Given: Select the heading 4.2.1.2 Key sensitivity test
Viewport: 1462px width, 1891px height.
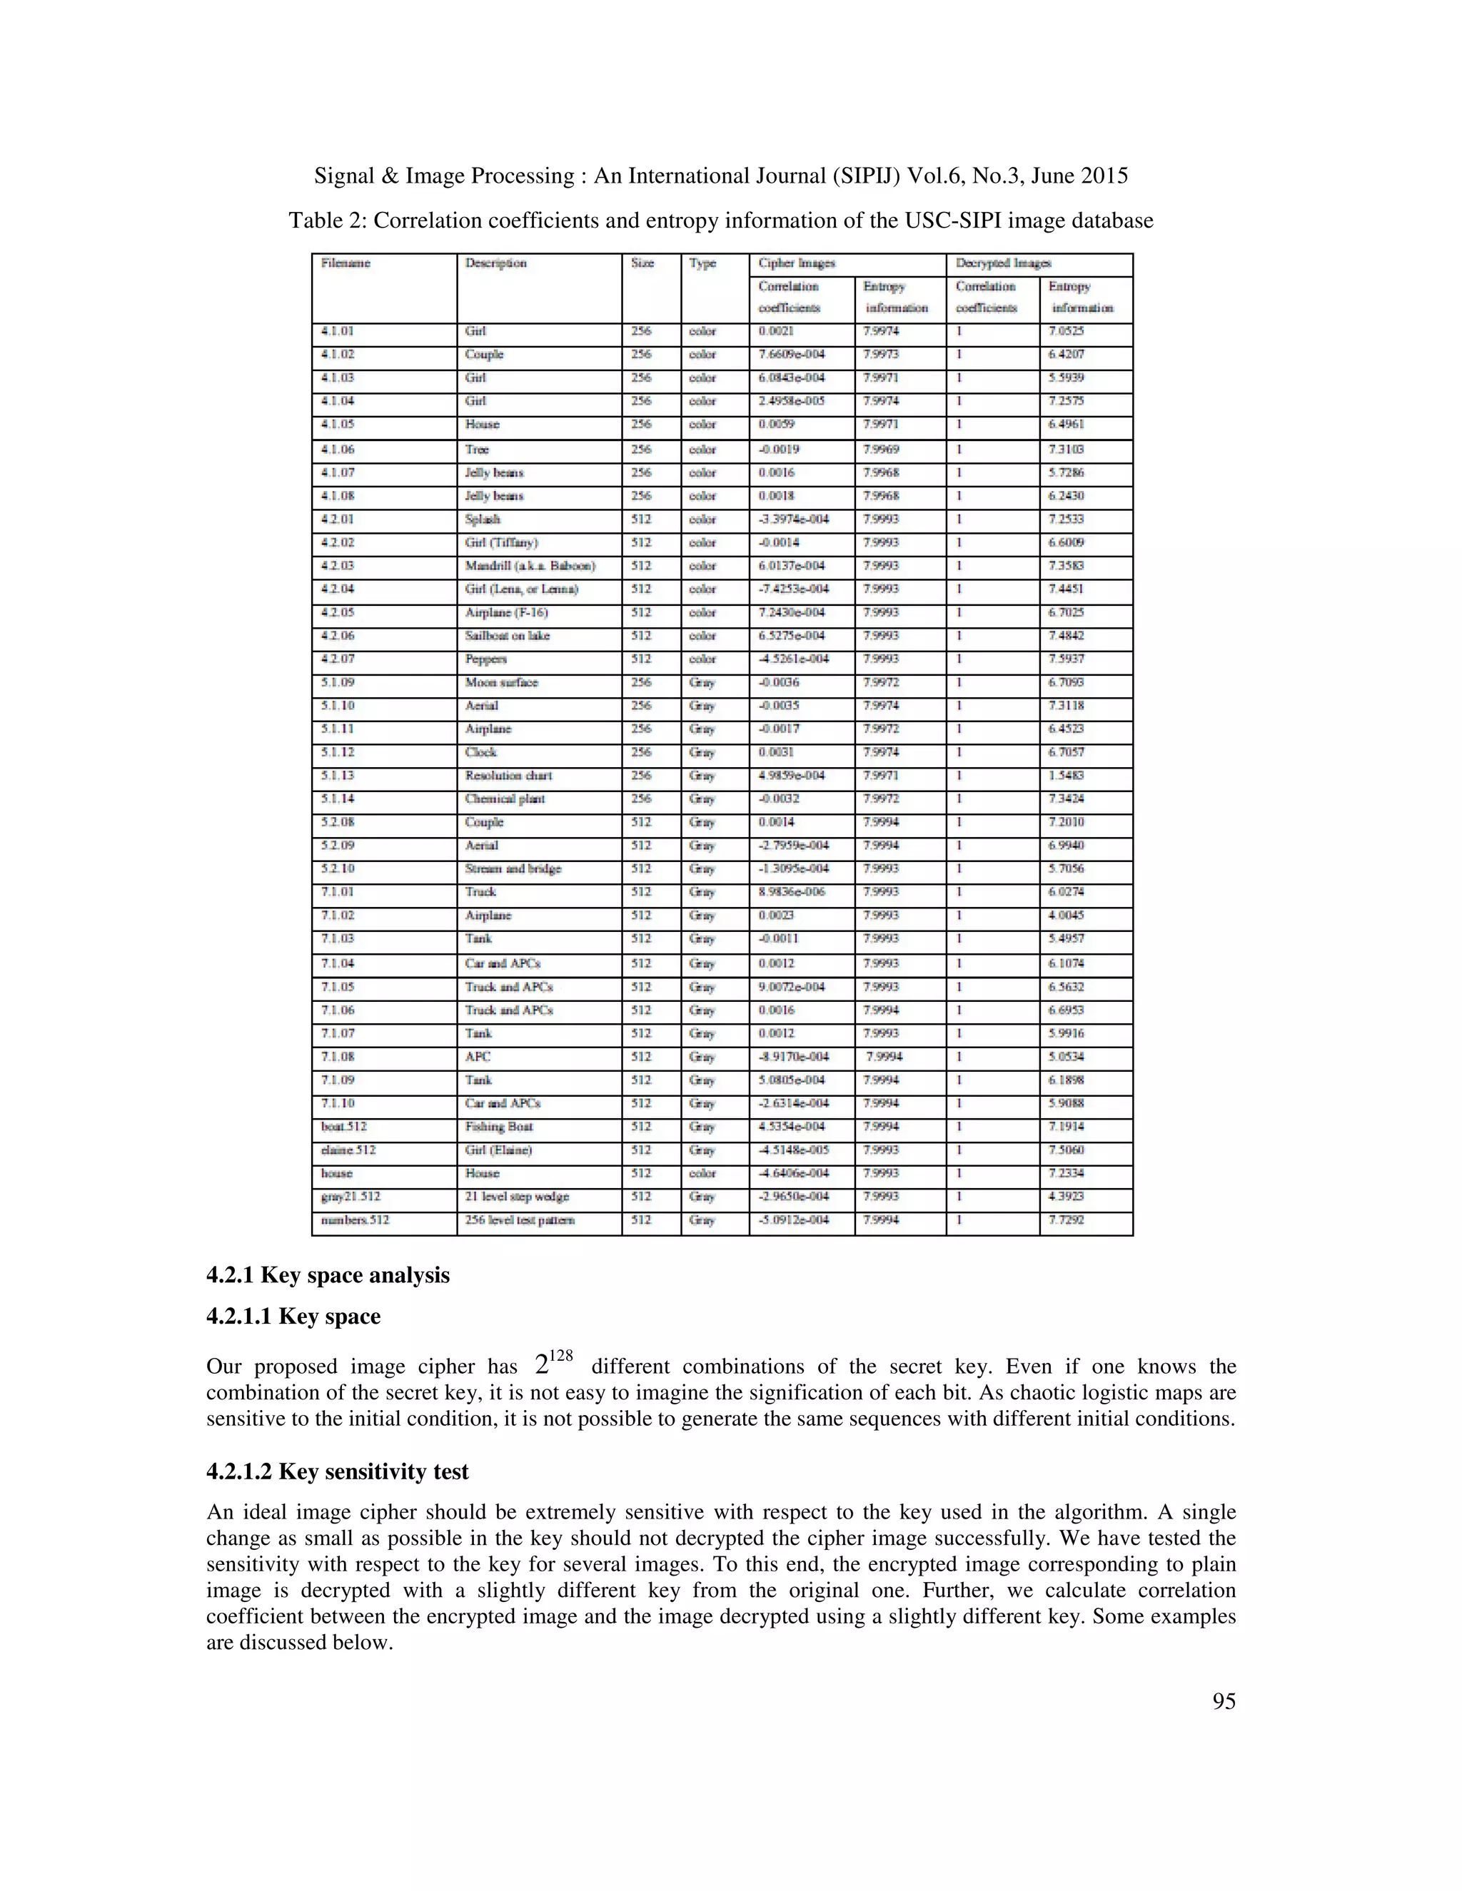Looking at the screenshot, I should [337, 1471].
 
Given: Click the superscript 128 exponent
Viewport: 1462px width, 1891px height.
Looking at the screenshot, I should [561, 1355].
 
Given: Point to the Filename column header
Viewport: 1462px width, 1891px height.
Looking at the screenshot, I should [346, 263].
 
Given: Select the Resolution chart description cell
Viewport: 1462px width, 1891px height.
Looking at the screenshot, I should [508, 776].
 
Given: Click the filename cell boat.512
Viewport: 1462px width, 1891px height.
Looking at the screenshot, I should [344, 1127].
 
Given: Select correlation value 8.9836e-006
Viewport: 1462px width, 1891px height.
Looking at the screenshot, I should [791, 892].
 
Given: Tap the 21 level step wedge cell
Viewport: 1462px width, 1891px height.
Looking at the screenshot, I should [516, 1197].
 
